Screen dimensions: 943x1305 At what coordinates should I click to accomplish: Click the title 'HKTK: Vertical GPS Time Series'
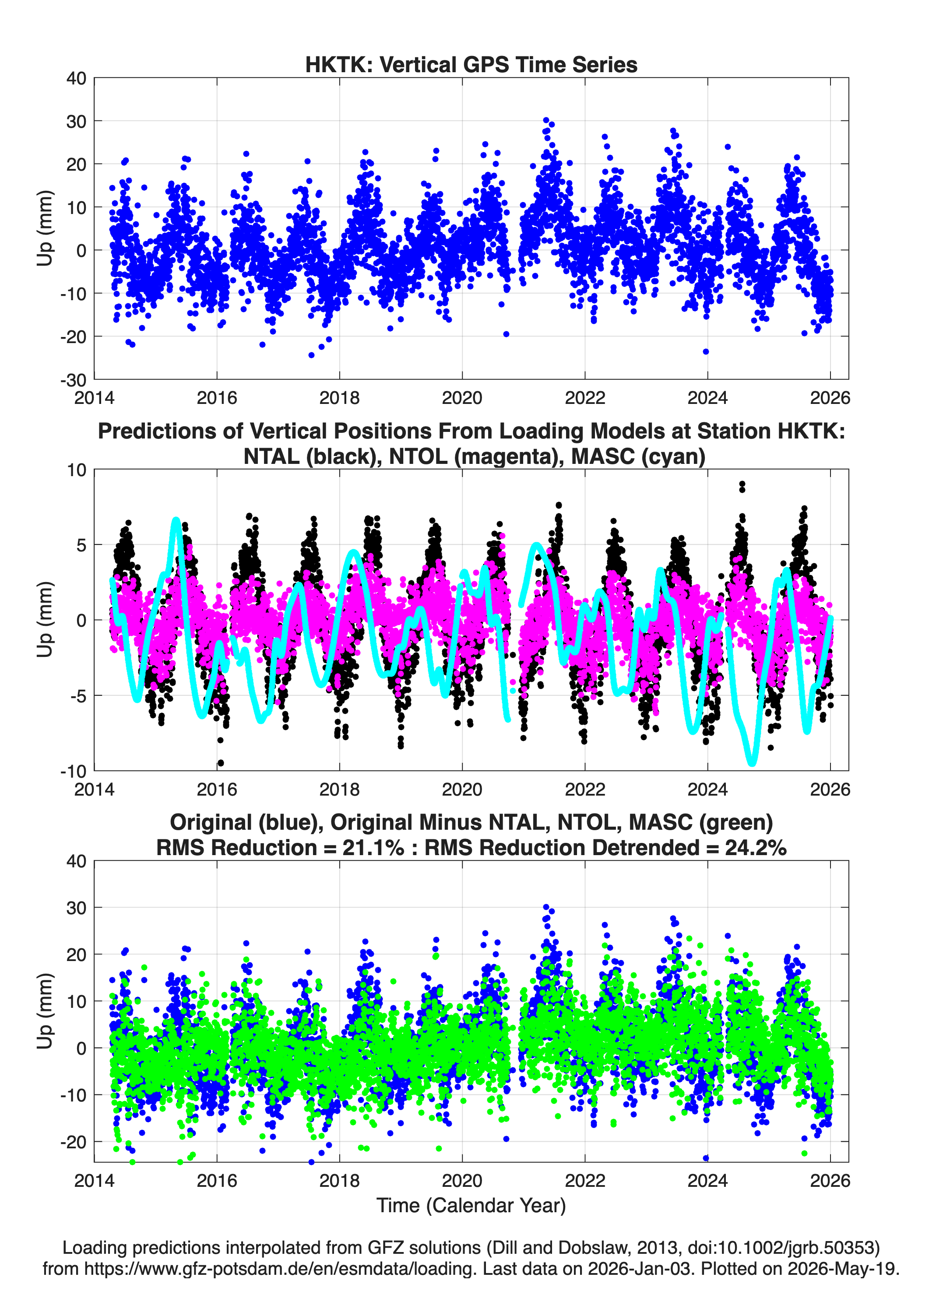click(471, 64)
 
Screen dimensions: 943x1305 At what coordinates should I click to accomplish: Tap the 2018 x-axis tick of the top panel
click(339, 398)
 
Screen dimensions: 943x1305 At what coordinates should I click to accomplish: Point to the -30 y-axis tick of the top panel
click(73, 380)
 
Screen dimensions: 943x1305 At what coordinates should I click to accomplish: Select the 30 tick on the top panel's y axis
click(77, 121)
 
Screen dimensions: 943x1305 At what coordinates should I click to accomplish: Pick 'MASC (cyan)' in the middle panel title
click(638, 456)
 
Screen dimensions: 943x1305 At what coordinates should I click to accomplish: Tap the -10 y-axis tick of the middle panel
click(73, 771)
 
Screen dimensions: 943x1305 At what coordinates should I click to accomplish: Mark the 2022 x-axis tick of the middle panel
click(585, 789)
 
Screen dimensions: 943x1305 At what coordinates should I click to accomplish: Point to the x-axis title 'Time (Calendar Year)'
click(471, 1205)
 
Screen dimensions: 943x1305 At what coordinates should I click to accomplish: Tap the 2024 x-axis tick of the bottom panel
click(707, 1180)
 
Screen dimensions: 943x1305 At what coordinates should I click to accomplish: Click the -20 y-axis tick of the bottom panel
click(73, 1142)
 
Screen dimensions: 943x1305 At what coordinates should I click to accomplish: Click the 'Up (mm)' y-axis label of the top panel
click(45, 228)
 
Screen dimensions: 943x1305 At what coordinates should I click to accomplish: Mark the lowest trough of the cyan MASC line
click(752, 764)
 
